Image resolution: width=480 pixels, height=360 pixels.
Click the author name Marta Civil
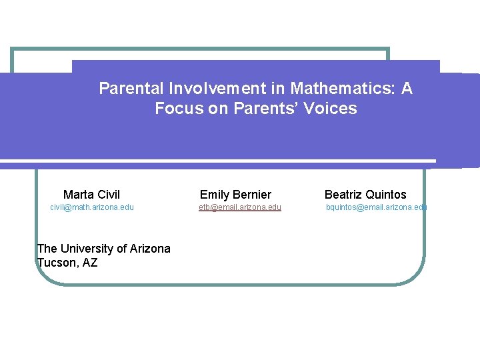[91, 195]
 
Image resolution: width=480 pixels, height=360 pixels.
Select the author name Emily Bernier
[235, 195]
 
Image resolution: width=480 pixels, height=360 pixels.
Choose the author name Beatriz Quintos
[365, 195]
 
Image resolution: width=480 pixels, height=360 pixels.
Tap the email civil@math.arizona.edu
[92, 207]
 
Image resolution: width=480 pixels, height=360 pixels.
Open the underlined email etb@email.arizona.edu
[239, 207]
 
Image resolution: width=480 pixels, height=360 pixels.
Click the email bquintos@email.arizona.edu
[375, 207]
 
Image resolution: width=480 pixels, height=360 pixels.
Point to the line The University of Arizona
[103, 249]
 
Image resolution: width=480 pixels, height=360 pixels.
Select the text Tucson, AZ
[67, 263]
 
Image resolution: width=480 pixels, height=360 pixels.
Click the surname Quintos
[385, 195]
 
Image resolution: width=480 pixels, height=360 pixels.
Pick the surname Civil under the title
[109, 195]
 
